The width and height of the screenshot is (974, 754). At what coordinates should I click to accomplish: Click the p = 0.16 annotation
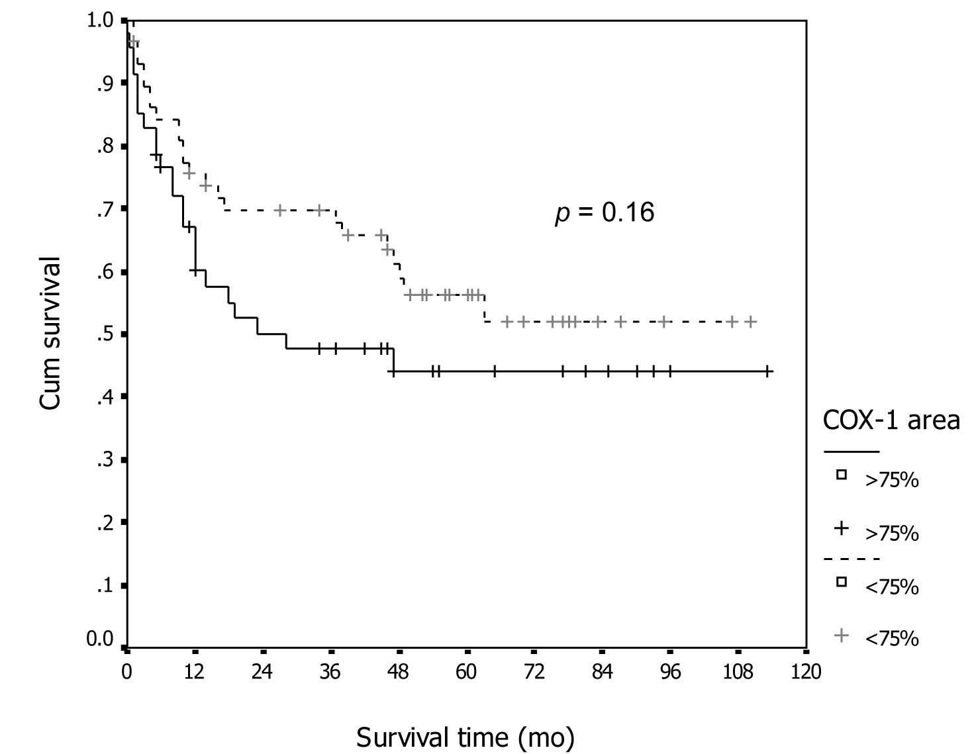coord(605,213)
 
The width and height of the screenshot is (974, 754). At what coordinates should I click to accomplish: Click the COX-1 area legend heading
coord(890,420)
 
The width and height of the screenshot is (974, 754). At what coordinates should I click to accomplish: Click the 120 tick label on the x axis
coord(806,671)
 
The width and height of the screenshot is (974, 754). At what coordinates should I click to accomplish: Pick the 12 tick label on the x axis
coord(194,671)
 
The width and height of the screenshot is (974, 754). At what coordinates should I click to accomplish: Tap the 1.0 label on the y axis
coord(100,21)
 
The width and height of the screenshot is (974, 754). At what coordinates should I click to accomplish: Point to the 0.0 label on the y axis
coord(100,640)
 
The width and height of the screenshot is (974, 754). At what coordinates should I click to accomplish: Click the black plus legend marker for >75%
coord(841,528)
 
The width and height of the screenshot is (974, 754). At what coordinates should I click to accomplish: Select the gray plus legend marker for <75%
coord(841,636)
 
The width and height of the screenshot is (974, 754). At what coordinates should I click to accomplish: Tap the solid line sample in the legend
coord(851,452)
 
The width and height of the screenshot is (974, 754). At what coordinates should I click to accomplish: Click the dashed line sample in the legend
coord(851,559)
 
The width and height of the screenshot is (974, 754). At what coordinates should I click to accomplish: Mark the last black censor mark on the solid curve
coord(767,371)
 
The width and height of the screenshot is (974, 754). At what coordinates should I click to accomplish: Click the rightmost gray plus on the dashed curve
coord(750,322)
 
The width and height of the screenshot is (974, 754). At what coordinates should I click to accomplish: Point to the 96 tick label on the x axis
coord(670,671)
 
